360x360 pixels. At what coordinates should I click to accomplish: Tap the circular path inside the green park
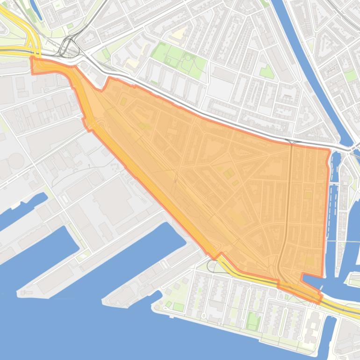(188, 59)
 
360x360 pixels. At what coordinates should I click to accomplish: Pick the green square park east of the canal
(350, 75)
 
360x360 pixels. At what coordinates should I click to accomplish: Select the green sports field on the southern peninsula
(253, 321)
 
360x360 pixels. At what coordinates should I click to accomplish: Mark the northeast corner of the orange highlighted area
(329, 151)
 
